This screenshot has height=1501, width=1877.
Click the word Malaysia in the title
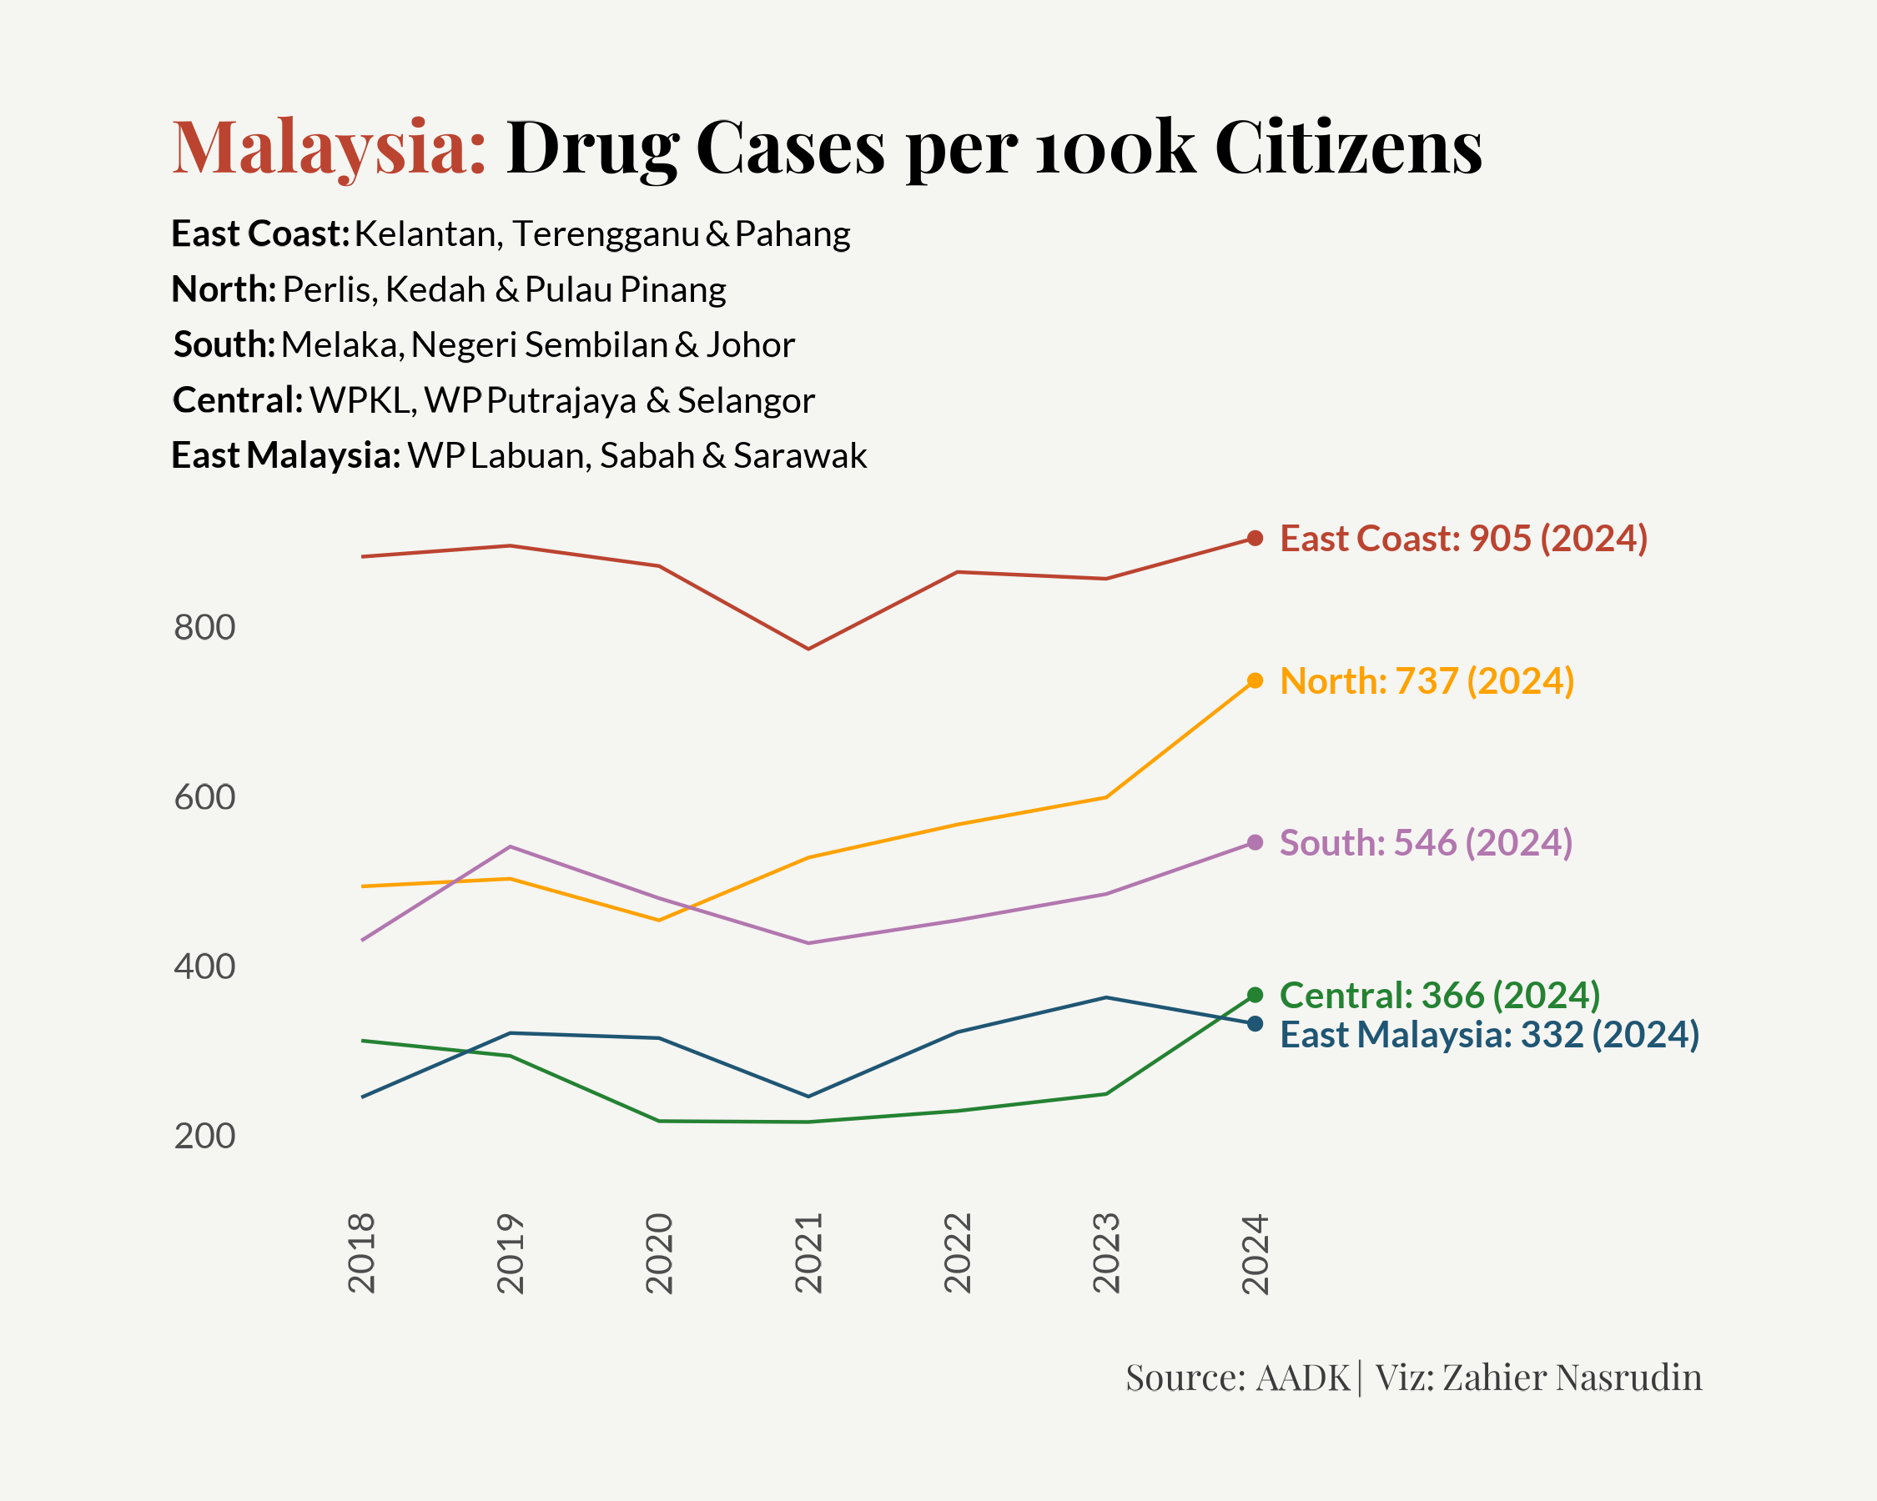coord(328,147)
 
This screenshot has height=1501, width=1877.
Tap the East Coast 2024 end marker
coord(1256,539)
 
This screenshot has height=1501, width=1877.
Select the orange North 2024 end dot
coord(1256,680)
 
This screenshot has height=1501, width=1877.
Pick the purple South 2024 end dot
coord(1256,842)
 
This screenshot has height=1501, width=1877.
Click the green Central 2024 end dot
coord(1256,995)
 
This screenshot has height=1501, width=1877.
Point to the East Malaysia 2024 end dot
coord(1256,1024)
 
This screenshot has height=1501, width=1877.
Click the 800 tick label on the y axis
coord(204,627)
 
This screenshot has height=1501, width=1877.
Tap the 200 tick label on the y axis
coord(204,1137)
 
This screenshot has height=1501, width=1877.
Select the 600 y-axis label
coord(204,797)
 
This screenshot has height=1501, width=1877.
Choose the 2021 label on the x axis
coord(809,1253)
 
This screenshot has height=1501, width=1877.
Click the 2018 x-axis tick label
coord(361,1253)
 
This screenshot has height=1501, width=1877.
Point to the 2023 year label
coord(1105,1253)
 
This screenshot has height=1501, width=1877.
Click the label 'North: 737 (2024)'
coord(1427,681)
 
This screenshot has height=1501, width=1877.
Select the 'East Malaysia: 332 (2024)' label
coord(1490,1035)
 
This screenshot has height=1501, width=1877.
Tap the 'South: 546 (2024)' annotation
coord(1426,843)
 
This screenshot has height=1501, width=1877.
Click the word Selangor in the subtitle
coord(746,401)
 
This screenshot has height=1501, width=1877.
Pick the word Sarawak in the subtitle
coord(800,456)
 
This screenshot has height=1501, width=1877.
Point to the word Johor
coord(751,345)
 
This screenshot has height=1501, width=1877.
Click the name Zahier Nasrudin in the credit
coord(1573,1378)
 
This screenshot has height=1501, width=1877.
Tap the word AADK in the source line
coord(1303,1378)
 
